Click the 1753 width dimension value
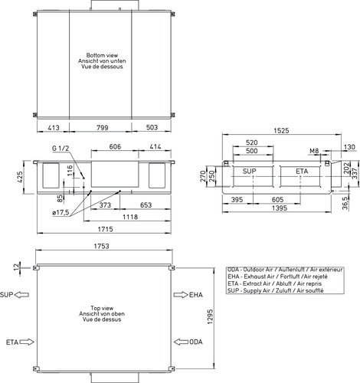[101, 246]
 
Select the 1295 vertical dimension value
[210, 316]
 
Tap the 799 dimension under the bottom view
[102, 127]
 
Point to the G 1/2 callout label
[61, 149]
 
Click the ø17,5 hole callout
[61, 212]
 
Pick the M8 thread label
[314, 151]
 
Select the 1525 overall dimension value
[281, 131]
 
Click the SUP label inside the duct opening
[249, 171]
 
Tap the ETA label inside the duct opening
[302, 172]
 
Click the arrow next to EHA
[181, 295]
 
